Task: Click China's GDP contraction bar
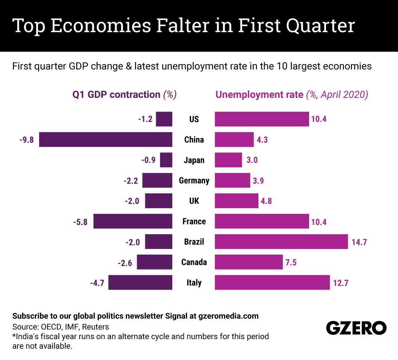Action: [x=105, y=140]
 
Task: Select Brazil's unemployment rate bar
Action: [x=281, y=242]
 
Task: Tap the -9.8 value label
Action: [x=27, y=140]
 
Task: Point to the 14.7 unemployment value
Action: [x=359, y=242]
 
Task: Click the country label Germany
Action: [x=194, y=181]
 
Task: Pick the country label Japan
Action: [x=194, y=160]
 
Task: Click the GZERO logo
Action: [x=356, y=328]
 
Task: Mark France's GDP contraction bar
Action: [x=133, y=221]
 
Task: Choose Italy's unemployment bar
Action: [x=272, y=282]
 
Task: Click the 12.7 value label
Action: [x=341, y=283]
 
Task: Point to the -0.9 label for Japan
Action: [x=148, y=160]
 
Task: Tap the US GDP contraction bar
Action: [x=164, y=119]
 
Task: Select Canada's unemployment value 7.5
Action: [x=291, y=263]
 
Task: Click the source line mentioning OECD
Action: [x=61, y=327]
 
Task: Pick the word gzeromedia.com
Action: [x=229, y=316]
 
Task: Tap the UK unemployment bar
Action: [x=236, y=201]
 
